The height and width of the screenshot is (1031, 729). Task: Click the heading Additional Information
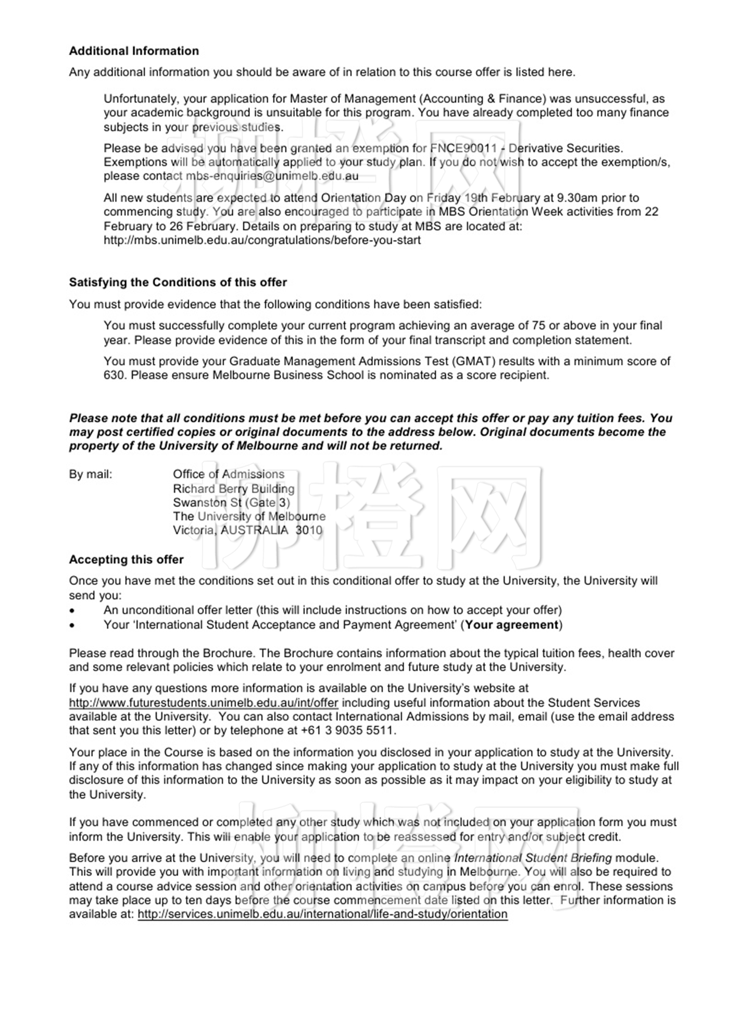134,51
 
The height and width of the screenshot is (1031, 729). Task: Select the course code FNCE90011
463,148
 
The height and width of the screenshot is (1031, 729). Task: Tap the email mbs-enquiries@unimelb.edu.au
272,176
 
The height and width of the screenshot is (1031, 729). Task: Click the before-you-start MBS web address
262,241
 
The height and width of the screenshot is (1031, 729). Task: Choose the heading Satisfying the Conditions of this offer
178,282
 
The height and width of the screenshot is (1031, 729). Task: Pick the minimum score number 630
114,375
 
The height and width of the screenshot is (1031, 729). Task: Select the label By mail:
90,474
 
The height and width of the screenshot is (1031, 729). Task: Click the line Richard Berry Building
233,489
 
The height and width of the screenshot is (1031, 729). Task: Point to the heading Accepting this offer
126,560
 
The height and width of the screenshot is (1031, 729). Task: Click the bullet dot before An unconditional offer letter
72,611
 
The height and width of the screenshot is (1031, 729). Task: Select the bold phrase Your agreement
511,625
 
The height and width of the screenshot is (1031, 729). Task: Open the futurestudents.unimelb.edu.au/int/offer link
204,703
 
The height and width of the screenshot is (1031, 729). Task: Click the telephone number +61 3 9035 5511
347,731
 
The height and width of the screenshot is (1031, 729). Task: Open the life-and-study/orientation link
322,914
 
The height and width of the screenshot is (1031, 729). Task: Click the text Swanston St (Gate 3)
231,503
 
